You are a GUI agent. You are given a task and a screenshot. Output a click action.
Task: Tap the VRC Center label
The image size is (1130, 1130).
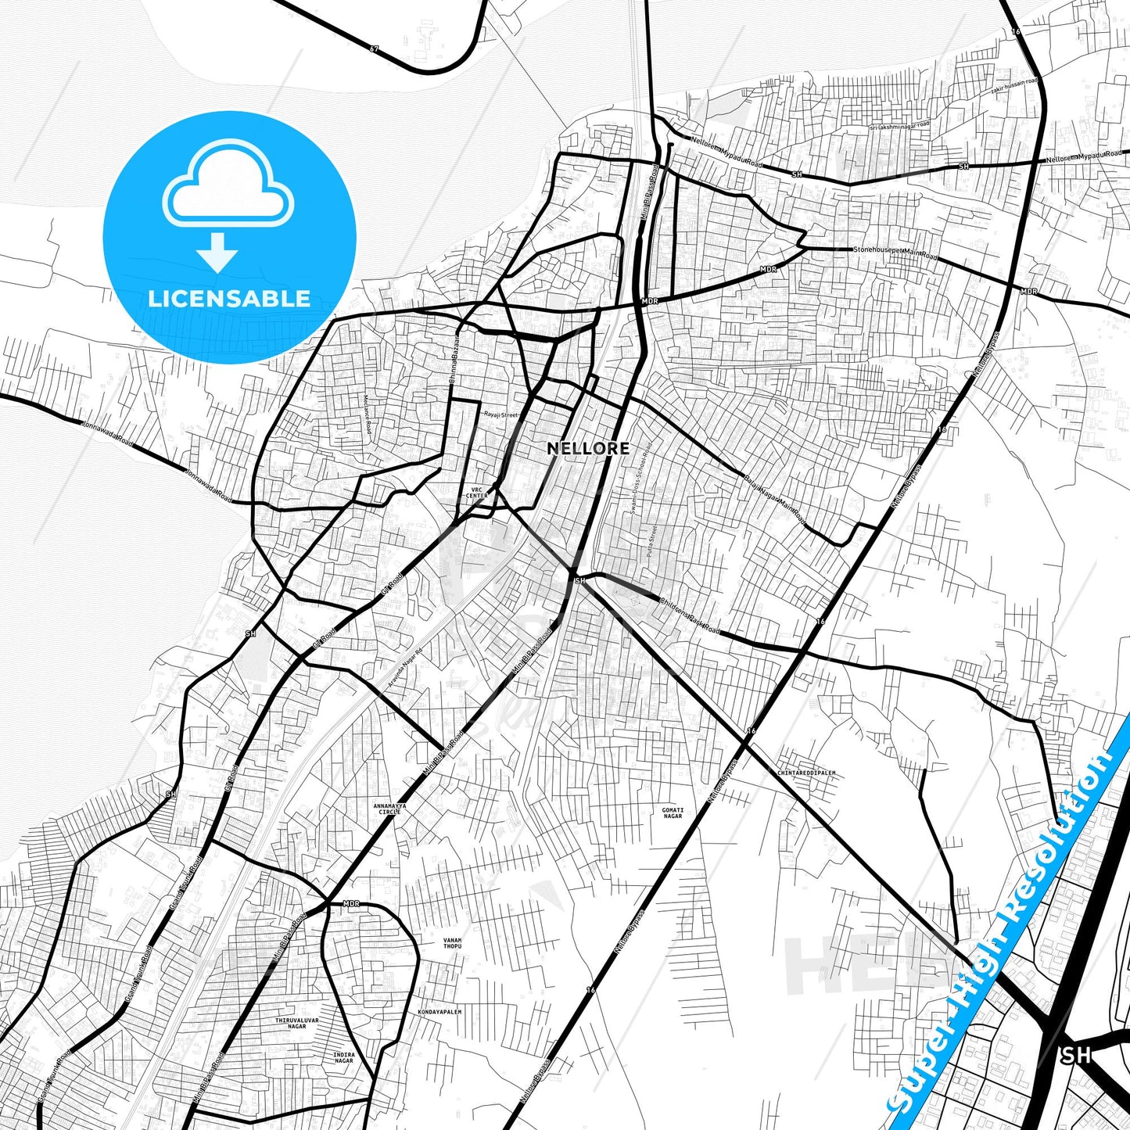point(476,493)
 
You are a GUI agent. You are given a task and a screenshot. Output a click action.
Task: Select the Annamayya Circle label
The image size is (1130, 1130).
point(389,809)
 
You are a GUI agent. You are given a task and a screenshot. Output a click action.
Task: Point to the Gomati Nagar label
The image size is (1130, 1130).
point(673,813)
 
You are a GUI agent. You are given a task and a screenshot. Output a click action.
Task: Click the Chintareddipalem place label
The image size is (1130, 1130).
point(806,773)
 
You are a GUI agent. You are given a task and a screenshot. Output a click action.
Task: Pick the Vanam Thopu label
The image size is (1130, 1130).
point(452,944)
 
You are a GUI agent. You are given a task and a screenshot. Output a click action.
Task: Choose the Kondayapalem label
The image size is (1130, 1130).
point(439,1011)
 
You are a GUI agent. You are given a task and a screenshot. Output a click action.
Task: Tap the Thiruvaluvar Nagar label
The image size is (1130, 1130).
point(297,1024)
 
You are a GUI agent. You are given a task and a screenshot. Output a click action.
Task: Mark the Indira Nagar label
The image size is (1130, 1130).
point(344,1057)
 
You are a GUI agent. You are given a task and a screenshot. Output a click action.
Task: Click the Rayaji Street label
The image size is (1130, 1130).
point(500,414)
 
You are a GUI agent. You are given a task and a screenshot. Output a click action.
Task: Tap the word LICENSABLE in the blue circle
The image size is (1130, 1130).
point(229,299)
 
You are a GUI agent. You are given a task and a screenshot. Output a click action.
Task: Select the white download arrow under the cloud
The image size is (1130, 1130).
point(217,252)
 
